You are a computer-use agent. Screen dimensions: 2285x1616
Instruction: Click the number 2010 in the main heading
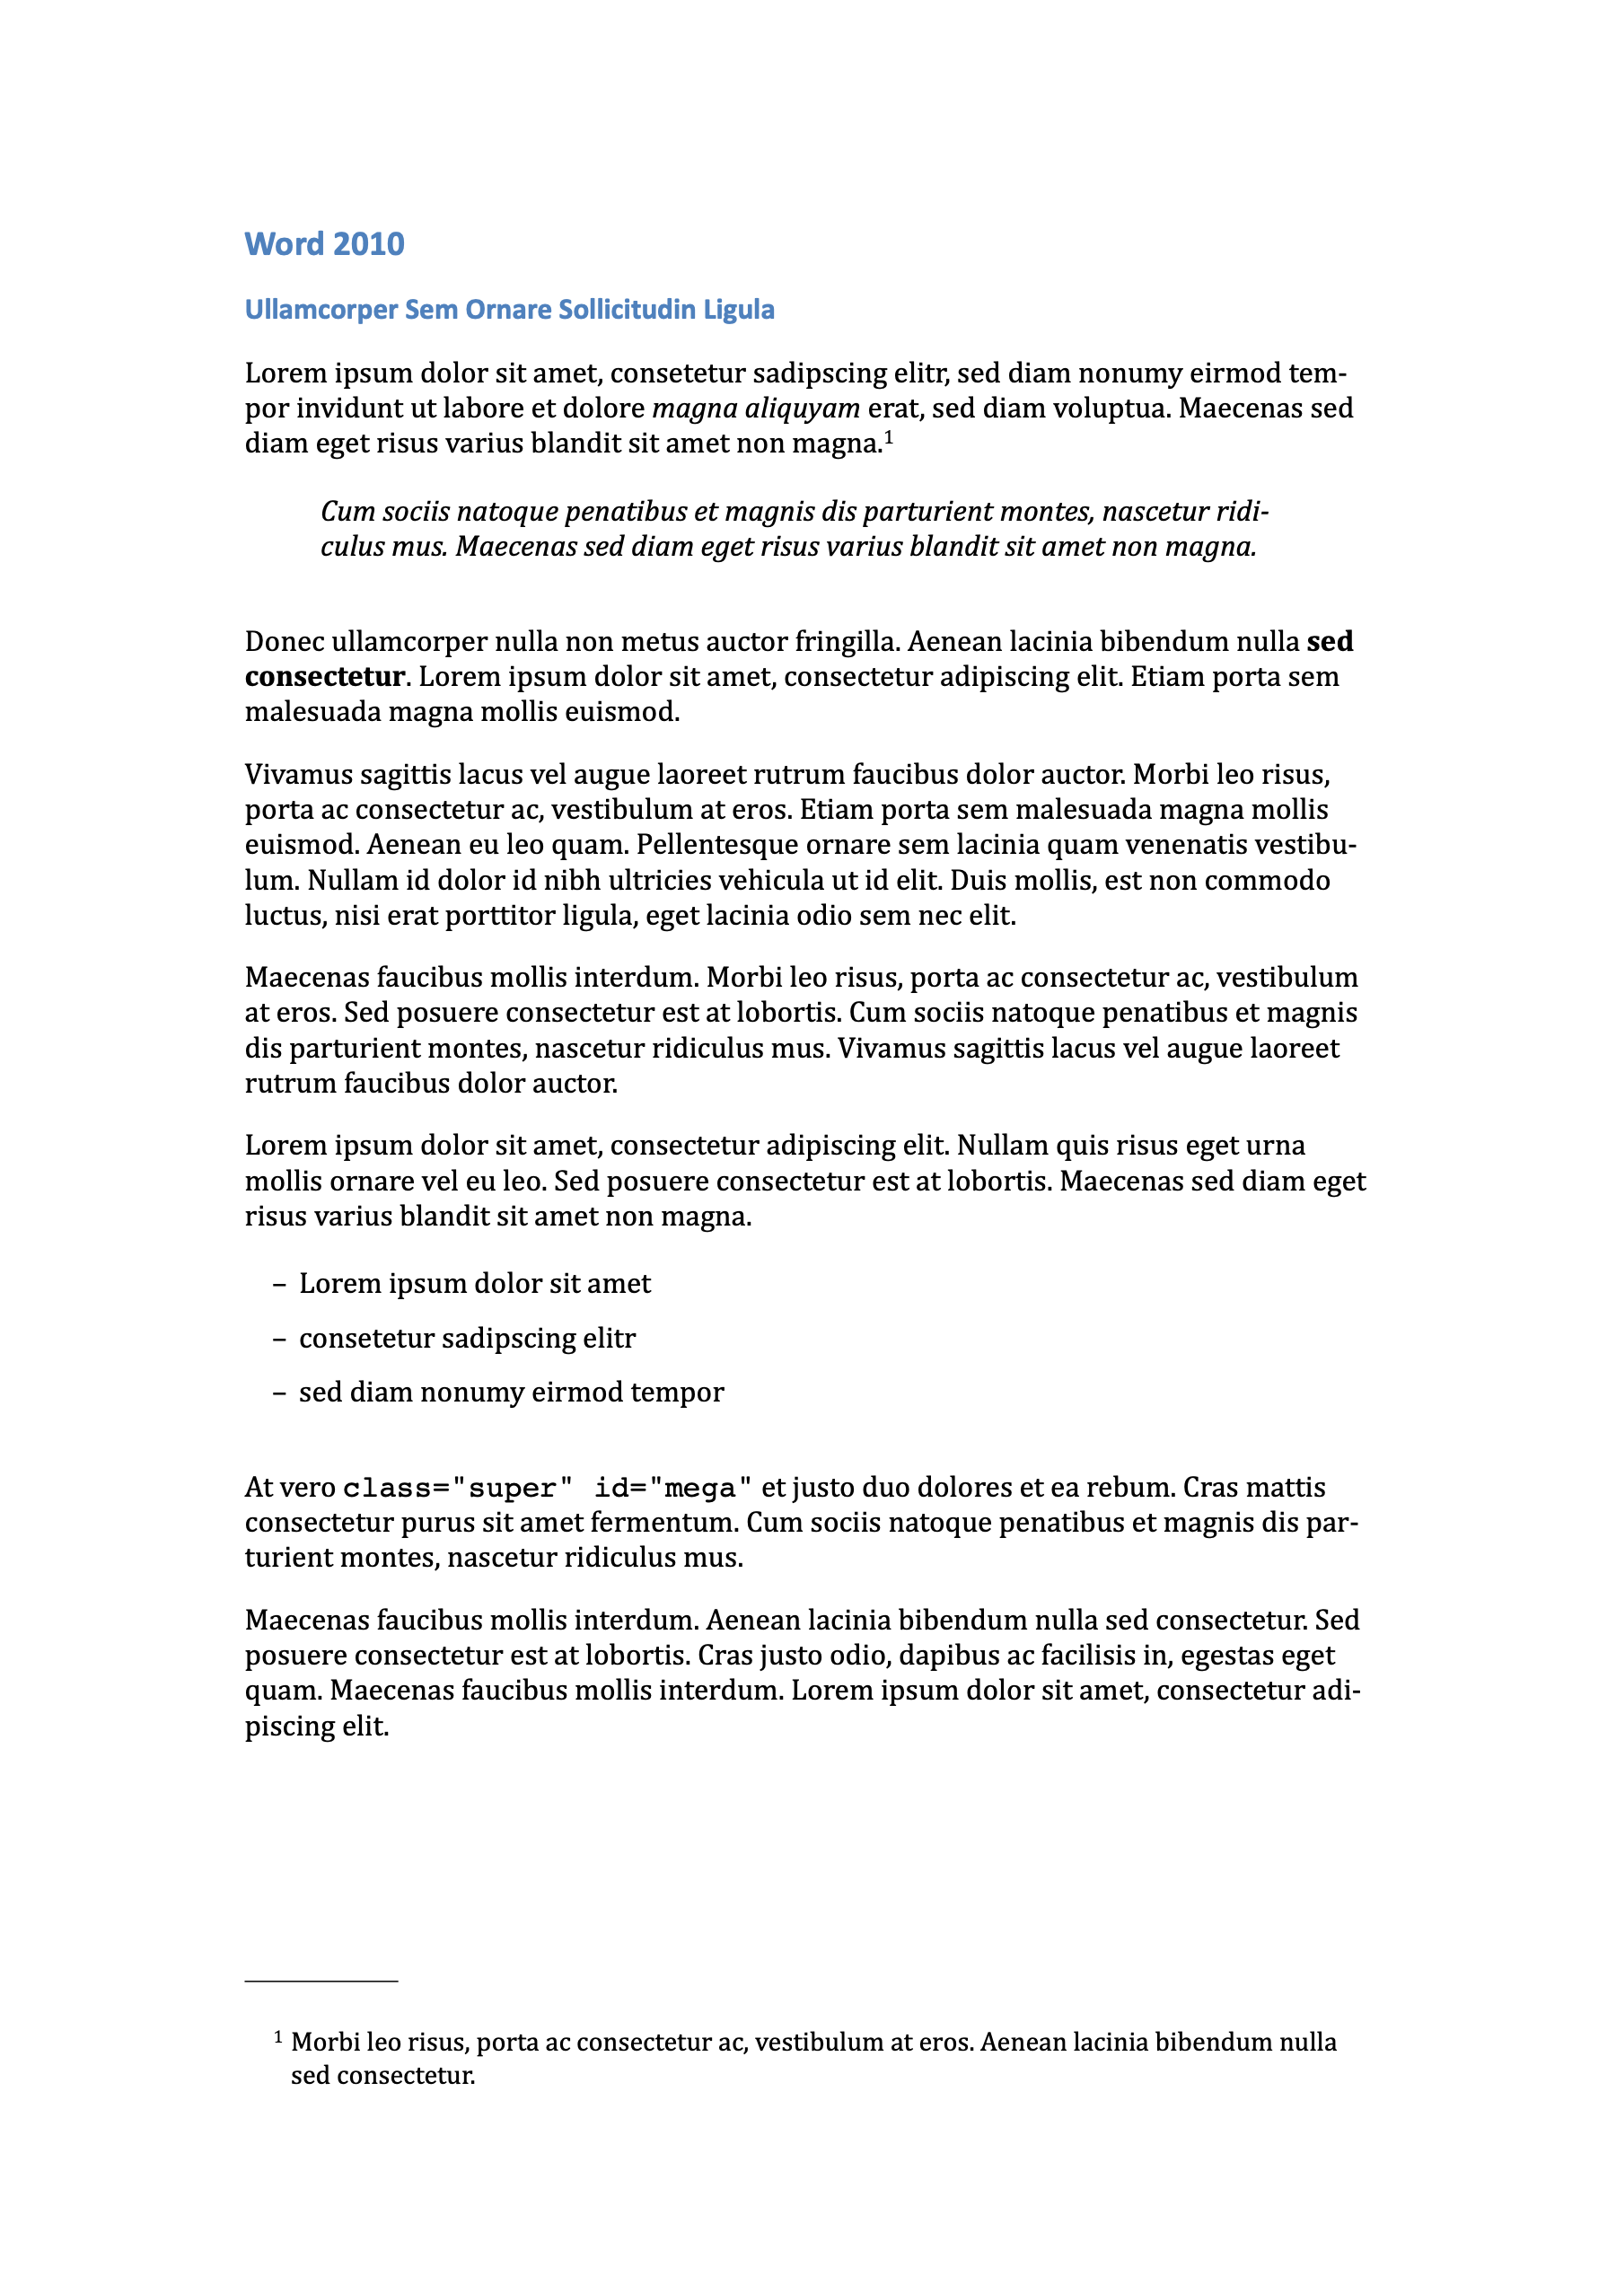point(367,244)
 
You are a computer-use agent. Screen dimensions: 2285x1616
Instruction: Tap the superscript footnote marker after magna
point(889,436)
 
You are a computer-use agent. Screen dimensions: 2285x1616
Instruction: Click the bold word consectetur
point(324,677)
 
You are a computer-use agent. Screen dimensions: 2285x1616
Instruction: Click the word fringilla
point(847,642)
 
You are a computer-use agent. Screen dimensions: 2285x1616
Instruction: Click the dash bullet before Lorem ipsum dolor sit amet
point(279,1285)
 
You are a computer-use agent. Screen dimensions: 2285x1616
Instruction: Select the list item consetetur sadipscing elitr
point(467,1339)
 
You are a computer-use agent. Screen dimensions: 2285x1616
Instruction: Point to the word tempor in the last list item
point(681,1393)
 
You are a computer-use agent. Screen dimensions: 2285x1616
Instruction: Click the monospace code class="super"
point(458,1489)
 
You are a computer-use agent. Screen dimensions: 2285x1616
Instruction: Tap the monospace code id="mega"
point(672,1489)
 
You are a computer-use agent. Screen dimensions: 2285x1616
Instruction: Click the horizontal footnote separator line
point(321,1982)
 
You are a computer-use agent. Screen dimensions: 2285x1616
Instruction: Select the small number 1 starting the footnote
point(278,2036)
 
